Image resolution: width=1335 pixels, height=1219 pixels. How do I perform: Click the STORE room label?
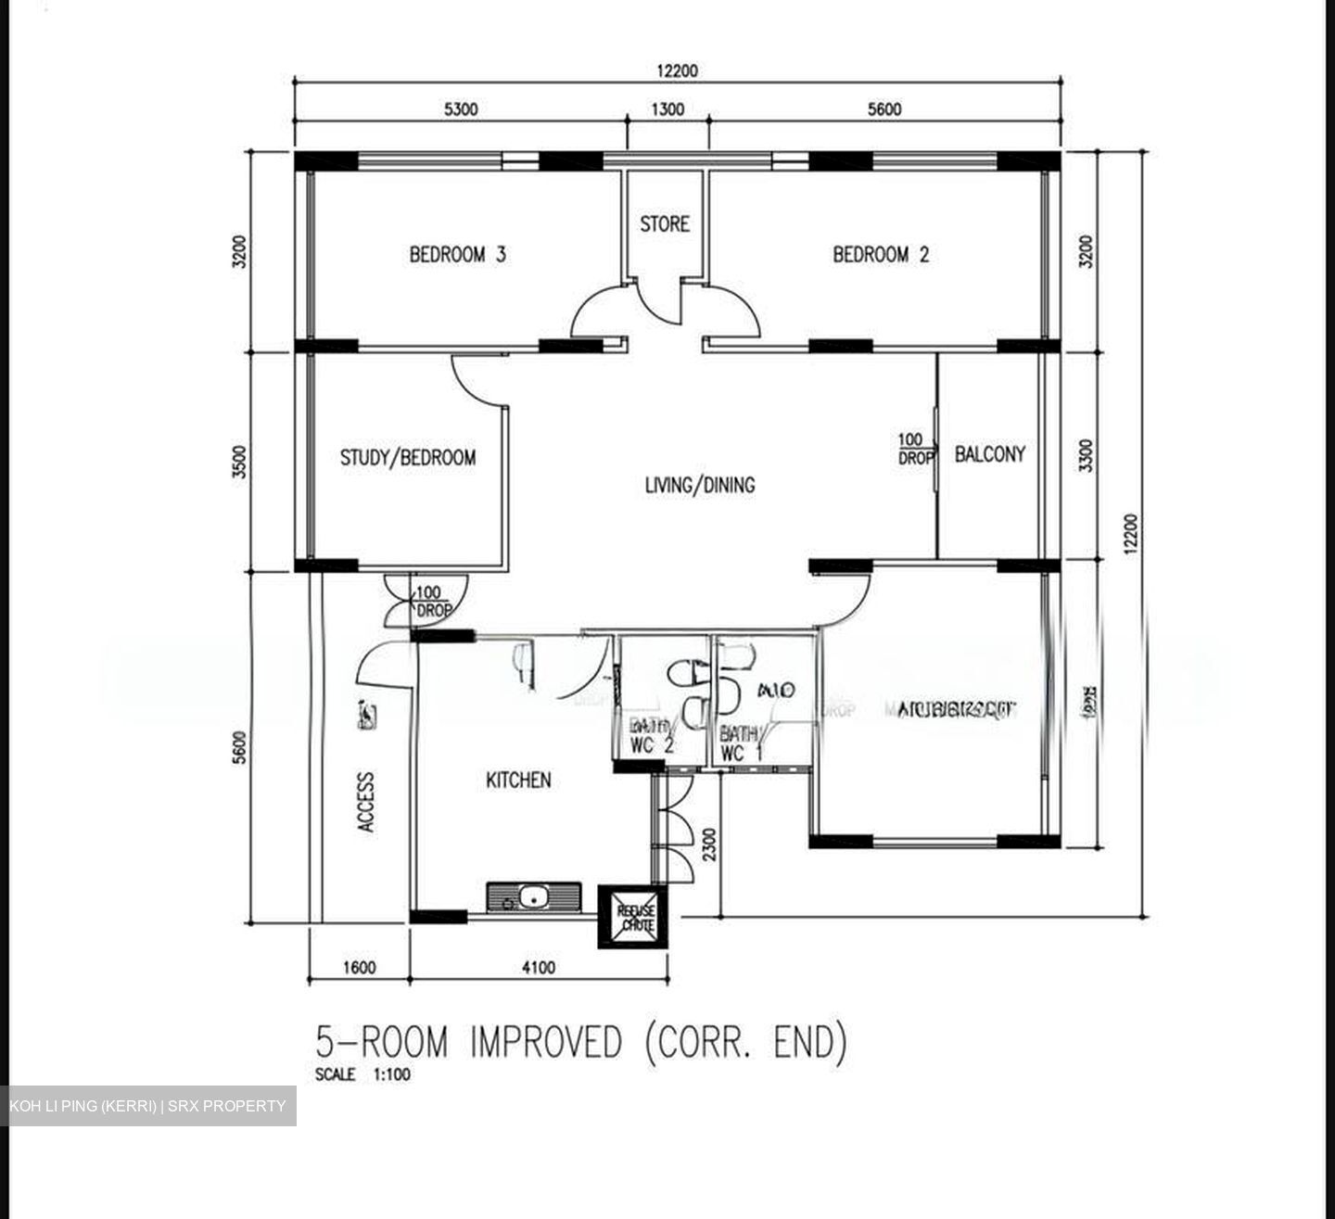(x=665, y=224)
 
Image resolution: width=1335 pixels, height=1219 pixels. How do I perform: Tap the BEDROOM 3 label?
(x=458, y=254)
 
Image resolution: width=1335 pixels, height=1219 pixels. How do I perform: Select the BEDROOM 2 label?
(x=881, y=254)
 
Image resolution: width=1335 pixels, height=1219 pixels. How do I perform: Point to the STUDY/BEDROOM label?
(x=408, y=458)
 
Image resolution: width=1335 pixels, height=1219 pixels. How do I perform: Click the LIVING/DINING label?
(x=700, y=485)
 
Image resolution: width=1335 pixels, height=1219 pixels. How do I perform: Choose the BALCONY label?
(x=990, y=454)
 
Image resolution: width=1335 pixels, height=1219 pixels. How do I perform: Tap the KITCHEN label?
(x=518, y=781)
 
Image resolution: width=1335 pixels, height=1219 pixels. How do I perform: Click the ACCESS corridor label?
(x=367, y=802)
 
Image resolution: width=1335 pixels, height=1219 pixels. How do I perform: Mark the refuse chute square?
(x=637, y=917)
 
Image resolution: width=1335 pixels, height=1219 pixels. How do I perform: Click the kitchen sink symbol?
(x=533, y=897)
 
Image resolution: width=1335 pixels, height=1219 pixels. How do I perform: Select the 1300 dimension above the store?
(x=667, y=109)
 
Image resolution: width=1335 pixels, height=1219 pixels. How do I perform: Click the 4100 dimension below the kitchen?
(x=539, y=968)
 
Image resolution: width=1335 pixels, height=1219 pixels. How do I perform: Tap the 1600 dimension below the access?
(x=360, y=968)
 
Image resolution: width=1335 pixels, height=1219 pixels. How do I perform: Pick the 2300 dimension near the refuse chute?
(x=709, y=845)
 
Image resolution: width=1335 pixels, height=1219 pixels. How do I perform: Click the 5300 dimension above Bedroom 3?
(x=461, y=109)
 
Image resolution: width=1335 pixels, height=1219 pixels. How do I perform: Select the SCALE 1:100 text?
(x=362, y=1075)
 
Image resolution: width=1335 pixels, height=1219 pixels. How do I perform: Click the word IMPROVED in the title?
(x=546, y=1042)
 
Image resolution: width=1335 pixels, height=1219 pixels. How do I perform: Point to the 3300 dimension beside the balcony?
(x=1086, y=454)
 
